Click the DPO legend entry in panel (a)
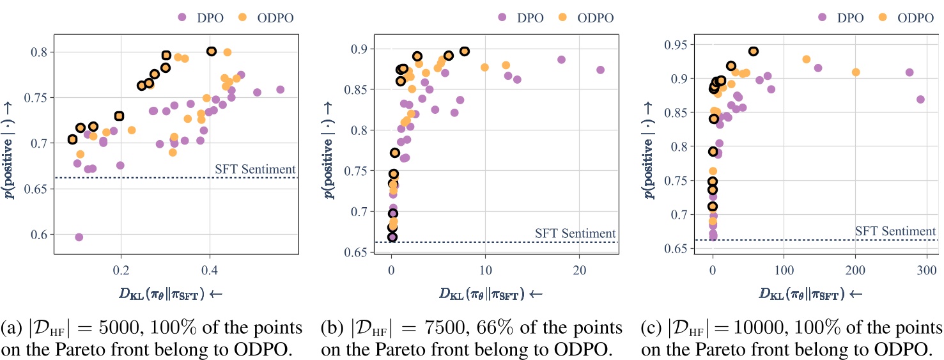click(201, 17)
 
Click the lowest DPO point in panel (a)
click(79, 237)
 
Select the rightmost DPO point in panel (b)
click(600, 70)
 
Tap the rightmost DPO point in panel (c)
click(920, 99)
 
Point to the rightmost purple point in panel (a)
click(280, 90)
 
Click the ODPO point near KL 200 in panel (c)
click(856, 72)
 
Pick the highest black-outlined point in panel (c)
click(754, 51)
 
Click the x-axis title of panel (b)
click(490, 293)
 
